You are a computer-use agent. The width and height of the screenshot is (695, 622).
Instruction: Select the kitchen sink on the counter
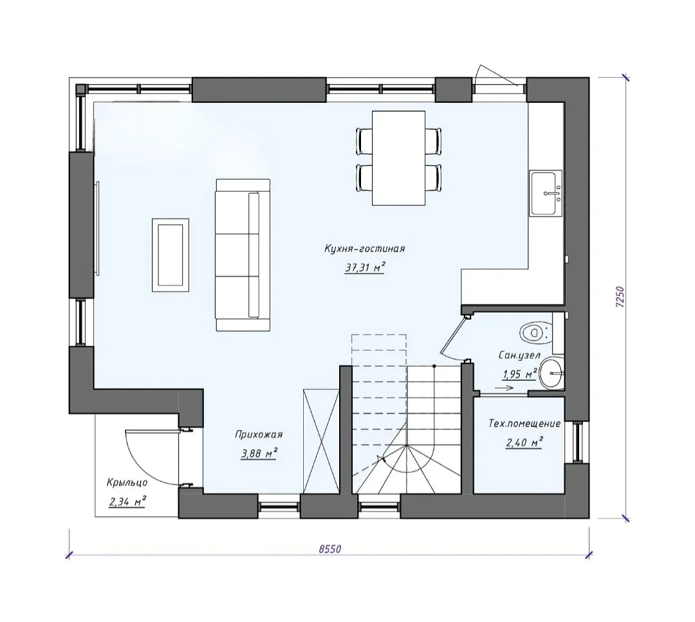point(546,194)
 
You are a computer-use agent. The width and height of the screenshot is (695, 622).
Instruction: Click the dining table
point(398,158)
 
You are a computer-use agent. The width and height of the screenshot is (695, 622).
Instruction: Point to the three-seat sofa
point(243,255)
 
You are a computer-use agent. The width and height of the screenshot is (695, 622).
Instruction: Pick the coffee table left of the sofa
point(171,255)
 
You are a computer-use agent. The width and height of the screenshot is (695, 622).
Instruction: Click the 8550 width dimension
point(330,549)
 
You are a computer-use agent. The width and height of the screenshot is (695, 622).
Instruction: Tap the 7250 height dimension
point(620,297)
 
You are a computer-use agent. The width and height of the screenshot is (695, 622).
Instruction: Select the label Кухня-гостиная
point(364,248)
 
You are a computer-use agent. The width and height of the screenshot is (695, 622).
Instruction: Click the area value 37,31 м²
point(364,268)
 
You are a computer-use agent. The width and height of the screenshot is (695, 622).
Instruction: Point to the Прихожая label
point(259,435)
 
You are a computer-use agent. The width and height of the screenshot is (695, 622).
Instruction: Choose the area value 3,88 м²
point(259,453)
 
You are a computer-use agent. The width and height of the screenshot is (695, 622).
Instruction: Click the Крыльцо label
point(127,482)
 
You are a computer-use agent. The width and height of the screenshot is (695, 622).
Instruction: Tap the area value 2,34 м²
point(127,502)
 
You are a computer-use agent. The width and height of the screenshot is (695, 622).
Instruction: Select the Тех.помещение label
point(524,423)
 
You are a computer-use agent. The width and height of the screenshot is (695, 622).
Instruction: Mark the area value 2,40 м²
point(524,442)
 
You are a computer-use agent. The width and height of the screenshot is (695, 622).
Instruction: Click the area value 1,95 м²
point(519,374)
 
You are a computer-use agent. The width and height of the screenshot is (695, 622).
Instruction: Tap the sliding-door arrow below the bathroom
point(505,388)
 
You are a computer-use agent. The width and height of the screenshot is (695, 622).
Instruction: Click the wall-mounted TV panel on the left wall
point(97,228)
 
